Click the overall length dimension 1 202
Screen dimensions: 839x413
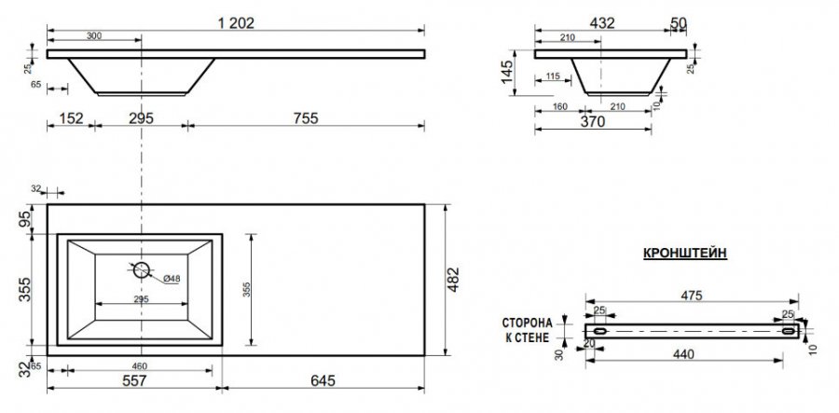[236, 23]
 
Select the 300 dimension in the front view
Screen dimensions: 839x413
[93, 35]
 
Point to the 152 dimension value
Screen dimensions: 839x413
[71, 118]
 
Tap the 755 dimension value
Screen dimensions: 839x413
[306, 118]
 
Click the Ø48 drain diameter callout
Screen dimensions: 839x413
[172, 279]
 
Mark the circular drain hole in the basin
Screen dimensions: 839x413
[142, 269]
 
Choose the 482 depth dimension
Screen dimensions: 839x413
[453, 280]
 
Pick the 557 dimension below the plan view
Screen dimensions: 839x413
[133, 380]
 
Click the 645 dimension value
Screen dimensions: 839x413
[323, 380]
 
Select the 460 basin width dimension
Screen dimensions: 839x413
[139, 366]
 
